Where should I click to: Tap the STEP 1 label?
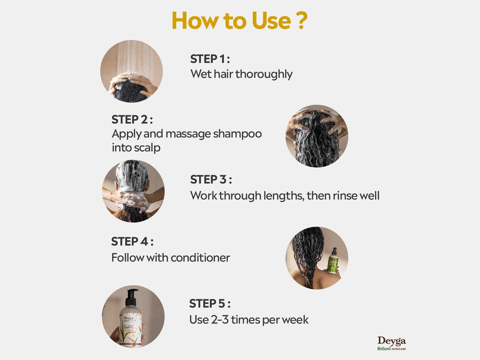210,59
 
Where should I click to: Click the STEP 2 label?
132,119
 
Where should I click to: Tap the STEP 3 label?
211,180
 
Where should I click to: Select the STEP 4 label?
132,241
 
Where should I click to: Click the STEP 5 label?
210,303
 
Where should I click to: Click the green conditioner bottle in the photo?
332,262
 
